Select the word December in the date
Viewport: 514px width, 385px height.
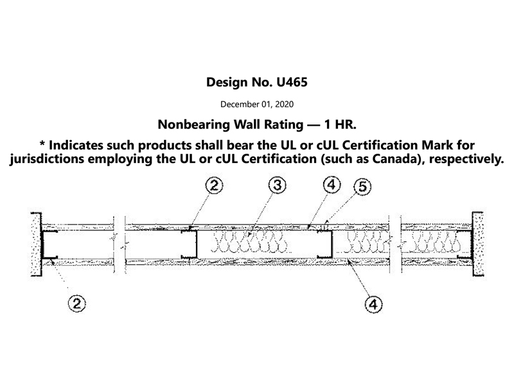[x=242, y=103]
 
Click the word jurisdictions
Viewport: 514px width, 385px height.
[x=49, y=159]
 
